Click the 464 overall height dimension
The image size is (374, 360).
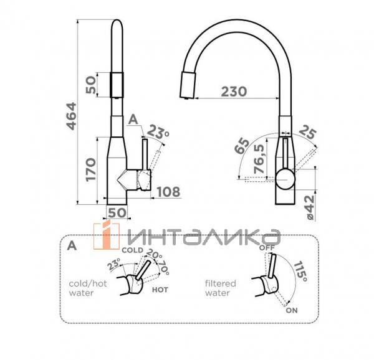[x=72, y=116]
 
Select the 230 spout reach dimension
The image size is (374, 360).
[x=234, y=92]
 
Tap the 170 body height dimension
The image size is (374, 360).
[x=91, y=169]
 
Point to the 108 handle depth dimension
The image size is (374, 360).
[x=168, y=192]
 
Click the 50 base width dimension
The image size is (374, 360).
[x=117, y=212]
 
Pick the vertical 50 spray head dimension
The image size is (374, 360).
[x=91, y=85]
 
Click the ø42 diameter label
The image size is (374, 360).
[x=310, y=207]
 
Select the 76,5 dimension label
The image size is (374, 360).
[x=259, y=159]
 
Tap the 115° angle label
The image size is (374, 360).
[x=300, y=272]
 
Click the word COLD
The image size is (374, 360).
[x=132, y=250]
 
